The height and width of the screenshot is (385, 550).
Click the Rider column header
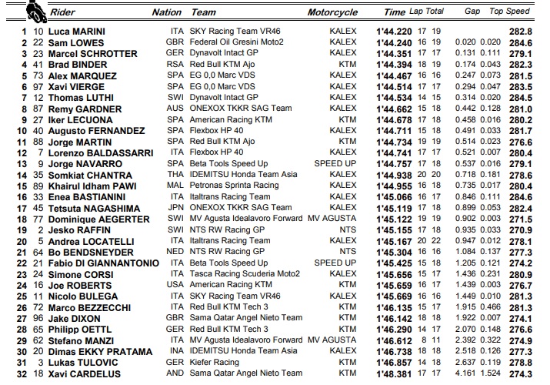[65, 12]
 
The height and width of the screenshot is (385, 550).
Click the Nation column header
[167, 12]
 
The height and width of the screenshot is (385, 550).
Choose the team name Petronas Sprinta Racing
[235, 185]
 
